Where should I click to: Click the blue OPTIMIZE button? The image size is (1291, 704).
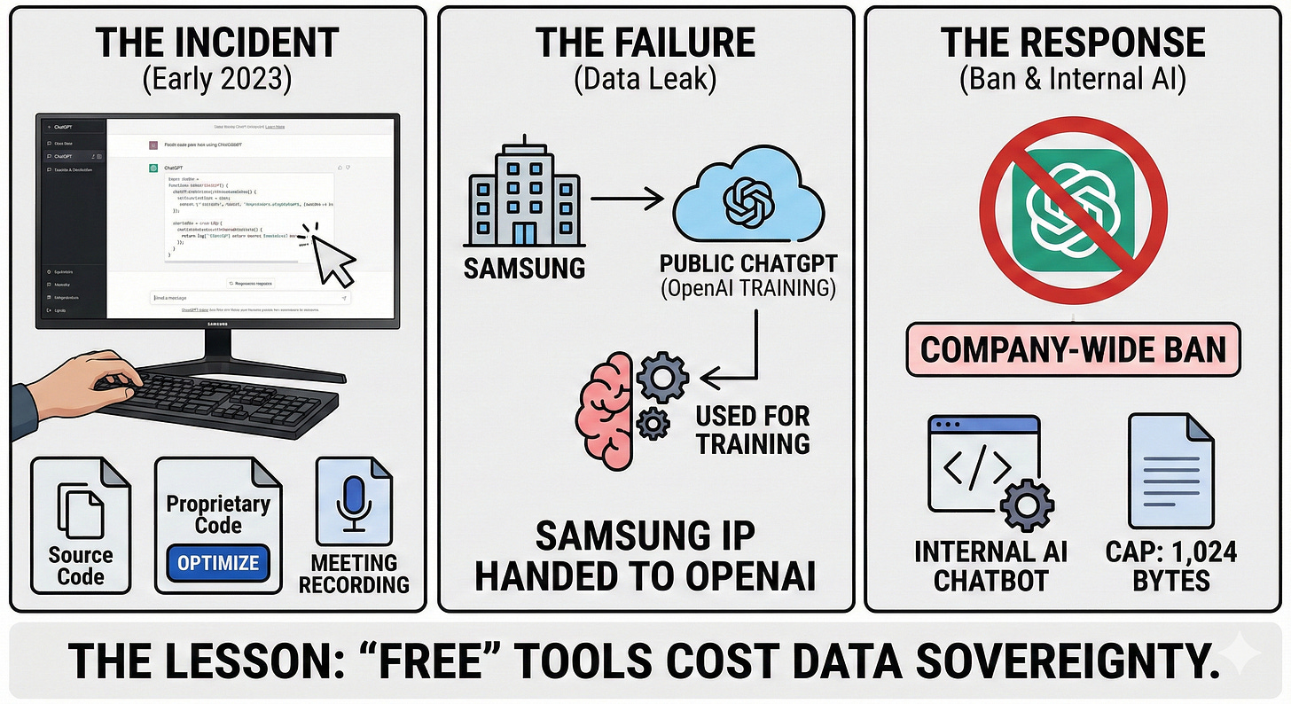(x=217, y=562)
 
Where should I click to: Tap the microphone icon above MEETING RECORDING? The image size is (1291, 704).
(x=353, y=505)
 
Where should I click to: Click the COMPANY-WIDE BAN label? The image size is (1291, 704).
(x=1073, y=348)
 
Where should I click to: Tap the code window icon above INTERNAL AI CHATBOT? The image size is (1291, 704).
(x=982, y=467)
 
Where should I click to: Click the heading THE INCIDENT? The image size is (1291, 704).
(x=218, y=43)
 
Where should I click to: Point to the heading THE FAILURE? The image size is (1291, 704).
(x=645, y=43)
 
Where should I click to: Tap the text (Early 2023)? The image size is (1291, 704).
(x=218, y=79)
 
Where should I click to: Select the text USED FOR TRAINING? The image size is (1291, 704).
(x=752, y=429)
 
